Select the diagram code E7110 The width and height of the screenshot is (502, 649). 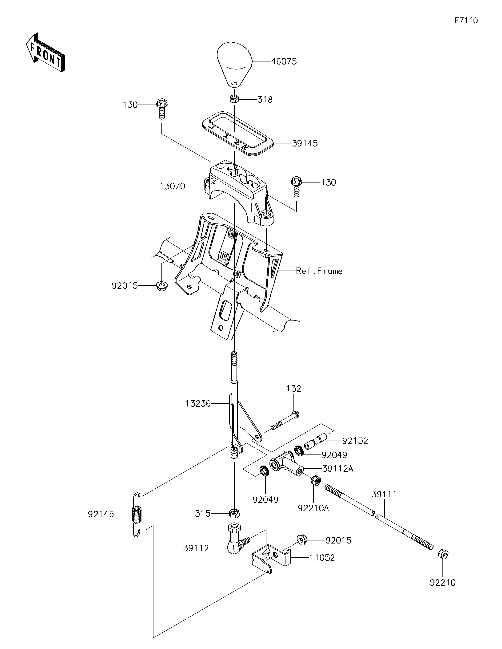click(466, 20)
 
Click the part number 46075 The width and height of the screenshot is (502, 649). click(284, 61)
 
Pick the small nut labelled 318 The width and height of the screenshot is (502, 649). click(234, 99)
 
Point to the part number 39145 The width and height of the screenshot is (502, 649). click(305, 144)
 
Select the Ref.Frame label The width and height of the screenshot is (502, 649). click(319, 271)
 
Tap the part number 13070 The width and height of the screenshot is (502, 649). click(172, 186)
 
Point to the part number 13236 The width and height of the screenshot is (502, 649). click(198, 404)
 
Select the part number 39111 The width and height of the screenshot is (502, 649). click(384, 494)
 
